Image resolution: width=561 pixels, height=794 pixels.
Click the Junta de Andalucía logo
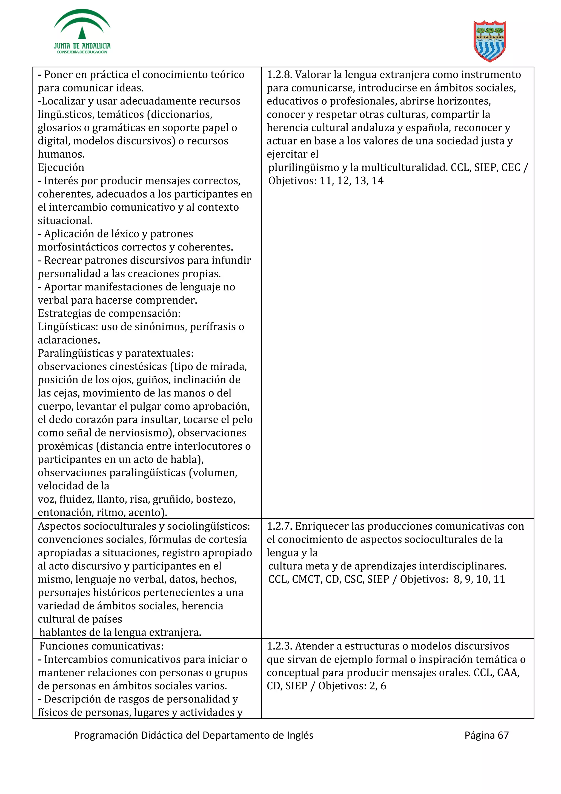click(x=82, y=32)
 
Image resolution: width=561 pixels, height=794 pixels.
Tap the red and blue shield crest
click(x=490, y=41)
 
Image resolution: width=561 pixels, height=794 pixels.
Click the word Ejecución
click(x=61, y=168)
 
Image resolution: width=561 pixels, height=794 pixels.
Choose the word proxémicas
click(x=65, y=446)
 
